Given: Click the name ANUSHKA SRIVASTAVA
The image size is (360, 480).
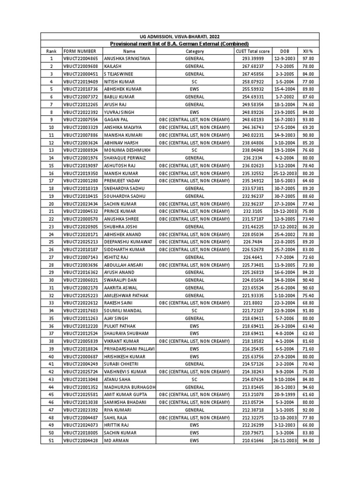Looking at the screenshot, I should [127, 59].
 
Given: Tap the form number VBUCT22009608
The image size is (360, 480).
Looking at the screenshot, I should [81, 66].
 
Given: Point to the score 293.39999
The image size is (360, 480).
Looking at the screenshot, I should [253, 59].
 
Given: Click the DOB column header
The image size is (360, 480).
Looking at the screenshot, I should [285, 51].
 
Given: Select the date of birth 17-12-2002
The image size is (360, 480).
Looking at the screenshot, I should [285, 226].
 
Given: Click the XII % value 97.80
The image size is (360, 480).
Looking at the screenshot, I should [308, 59].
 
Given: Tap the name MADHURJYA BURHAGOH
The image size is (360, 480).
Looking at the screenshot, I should [129, 387].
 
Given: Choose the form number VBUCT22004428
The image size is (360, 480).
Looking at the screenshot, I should [81, 441].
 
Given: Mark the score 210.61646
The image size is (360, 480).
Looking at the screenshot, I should [253, 441].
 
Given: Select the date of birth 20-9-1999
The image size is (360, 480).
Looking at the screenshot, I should [285, 395].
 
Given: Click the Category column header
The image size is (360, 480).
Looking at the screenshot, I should [195, 51].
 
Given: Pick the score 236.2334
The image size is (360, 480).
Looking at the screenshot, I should [253, 158].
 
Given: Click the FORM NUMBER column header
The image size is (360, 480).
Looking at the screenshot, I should [80, 51].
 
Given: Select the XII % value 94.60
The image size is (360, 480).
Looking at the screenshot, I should [308, 387].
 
